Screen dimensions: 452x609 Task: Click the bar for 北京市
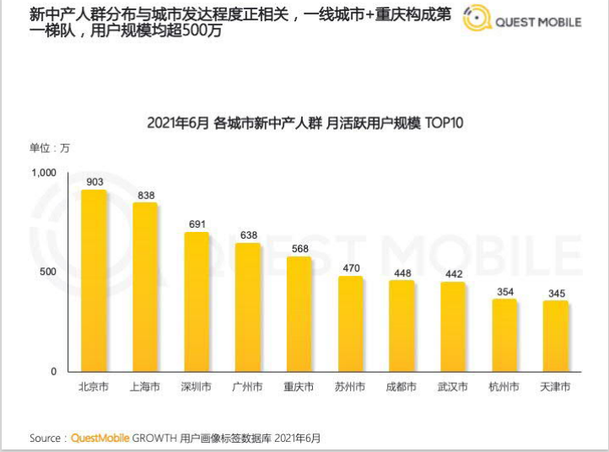tap(94, 281)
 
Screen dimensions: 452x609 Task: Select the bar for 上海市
tap(145, 288)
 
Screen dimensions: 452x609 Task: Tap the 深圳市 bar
tap(197, 302)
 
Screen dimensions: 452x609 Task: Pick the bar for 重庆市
tap(299, 314)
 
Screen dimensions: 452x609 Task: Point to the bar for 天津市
tap(555, 336)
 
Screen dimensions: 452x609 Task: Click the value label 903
tap(94, 182)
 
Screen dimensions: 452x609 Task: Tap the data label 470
tap(351, 268)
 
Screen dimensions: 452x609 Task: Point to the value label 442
tap(453, 274)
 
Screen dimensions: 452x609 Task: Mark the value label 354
tap(504, 291)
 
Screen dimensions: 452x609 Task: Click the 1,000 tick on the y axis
tap(43, 173)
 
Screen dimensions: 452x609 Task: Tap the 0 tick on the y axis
tap(52, 371)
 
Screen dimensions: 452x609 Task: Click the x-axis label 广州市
tap(247, 388)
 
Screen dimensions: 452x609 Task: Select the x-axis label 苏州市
tap(350, 388)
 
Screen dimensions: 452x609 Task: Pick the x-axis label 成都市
tap(401, 388)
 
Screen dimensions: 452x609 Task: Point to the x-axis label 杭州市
tap(504, 388)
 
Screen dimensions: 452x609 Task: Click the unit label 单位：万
tap(51, 148)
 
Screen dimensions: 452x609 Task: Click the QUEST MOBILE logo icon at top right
tap(477, 20)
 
